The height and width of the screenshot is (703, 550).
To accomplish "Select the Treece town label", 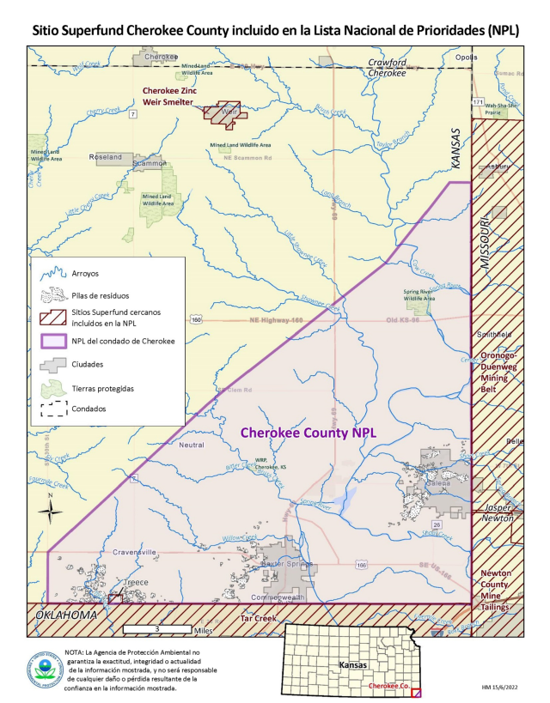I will click(137, 582).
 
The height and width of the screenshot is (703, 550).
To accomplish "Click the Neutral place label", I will click(192, 445).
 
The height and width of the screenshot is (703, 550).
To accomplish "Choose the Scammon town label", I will click(150, 162).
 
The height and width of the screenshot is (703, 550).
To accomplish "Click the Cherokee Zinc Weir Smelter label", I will click(176, 95).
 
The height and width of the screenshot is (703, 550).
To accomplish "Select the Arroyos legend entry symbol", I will click(54, 274).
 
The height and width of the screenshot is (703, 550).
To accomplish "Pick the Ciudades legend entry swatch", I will click(54, 364).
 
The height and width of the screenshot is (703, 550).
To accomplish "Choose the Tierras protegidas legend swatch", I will click(54, 386).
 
